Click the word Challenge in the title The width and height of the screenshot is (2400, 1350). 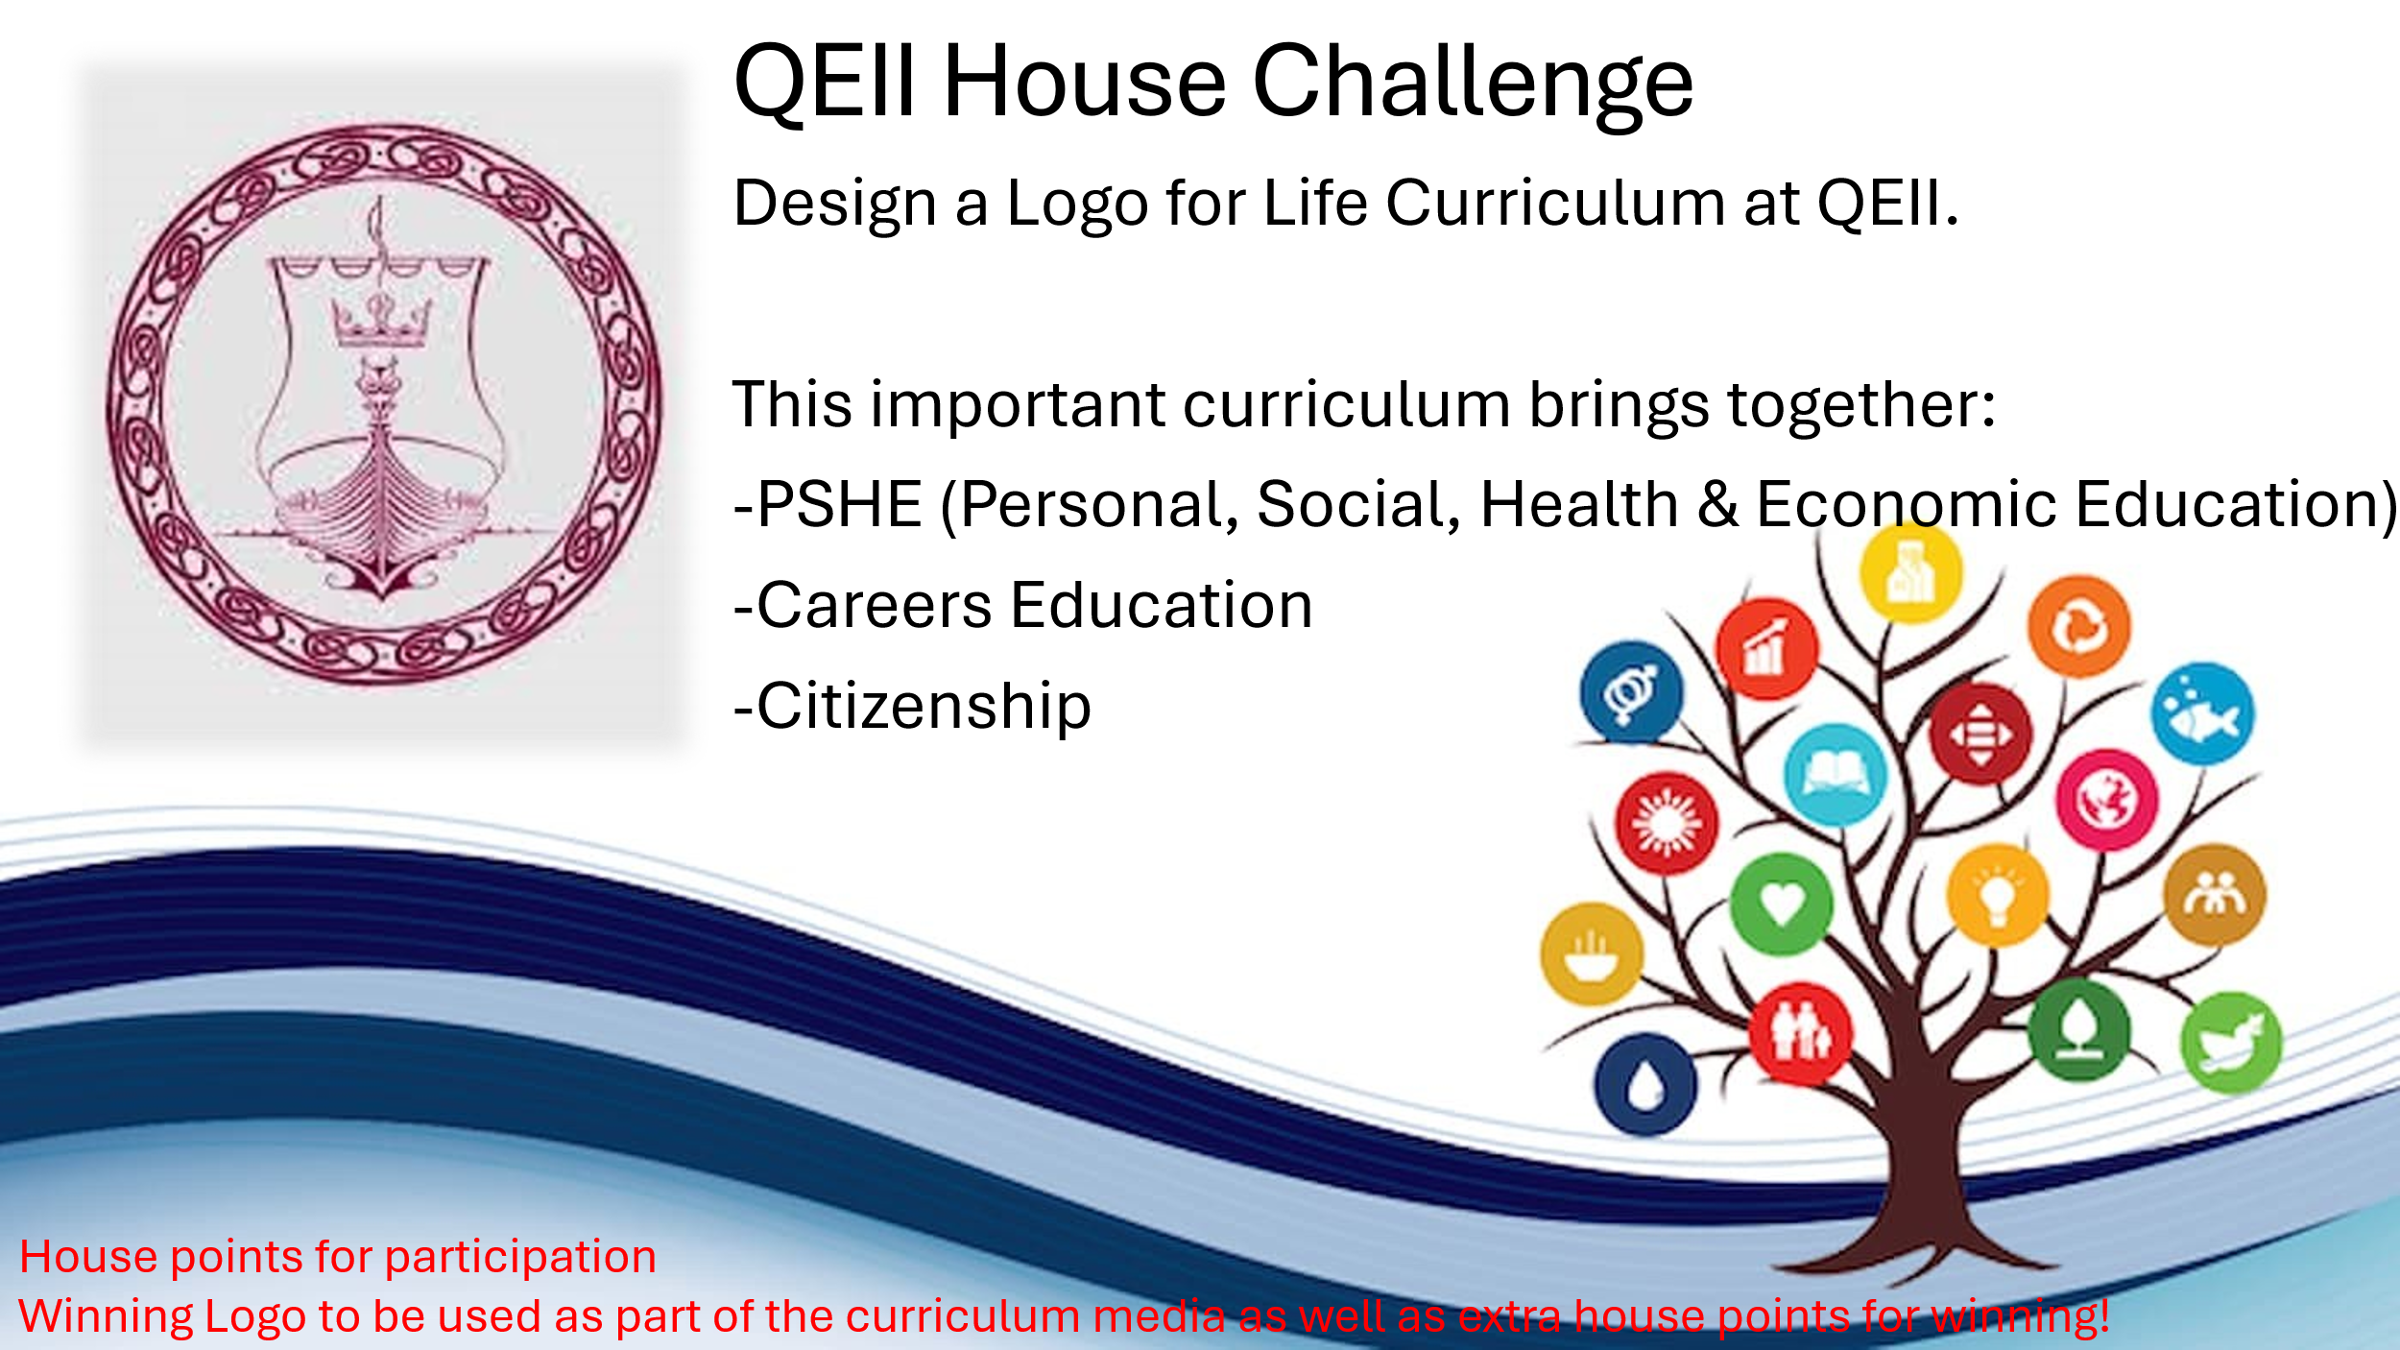click(x=1473, y=85)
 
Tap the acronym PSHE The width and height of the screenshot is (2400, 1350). click(x=840, y=504)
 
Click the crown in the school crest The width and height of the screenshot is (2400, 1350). click(x=381, y=320)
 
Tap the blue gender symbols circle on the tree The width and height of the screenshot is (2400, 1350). click(x=1631, y=692)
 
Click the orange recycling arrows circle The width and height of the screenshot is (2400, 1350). click(x=2079, y=627)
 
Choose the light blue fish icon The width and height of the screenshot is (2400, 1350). click(x=2203, y=713)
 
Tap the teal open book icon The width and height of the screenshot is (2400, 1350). click(x=1836, y=774)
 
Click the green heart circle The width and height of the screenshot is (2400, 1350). click(x=1782, y=904)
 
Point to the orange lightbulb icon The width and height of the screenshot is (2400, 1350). click(x=1999, y=896)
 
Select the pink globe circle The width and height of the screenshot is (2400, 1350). click(x=2107, y=800)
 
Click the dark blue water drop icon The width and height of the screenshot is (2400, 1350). click(x=1645, y=1085)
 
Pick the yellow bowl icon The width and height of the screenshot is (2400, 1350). click(x=1592, y=954)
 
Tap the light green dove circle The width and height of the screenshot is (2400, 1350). click(x=2231, y=1043)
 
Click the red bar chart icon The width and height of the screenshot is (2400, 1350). click(x=1766, y=649)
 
